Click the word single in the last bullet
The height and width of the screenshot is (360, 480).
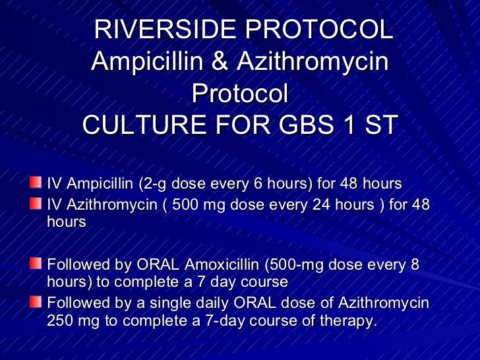(x=200, y=303)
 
